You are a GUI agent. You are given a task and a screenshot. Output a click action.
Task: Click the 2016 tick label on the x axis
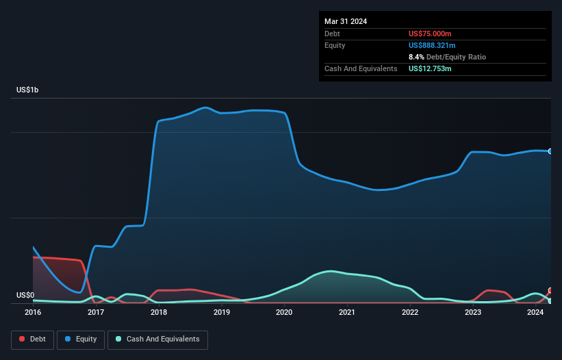click(x=33, y=312)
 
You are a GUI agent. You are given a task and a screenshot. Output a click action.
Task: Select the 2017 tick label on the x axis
click(x=96, y=312)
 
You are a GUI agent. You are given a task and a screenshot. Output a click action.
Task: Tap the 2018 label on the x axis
click(x=159, y=312)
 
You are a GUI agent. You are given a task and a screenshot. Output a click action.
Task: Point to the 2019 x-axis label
click(x=222, y=312)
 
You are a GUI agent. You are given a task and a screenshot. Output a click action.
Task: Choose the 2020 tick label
click(x=284, y=312)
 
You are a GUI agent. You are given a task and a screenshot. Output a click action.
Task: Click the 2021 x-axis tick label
click(x=347, y=312)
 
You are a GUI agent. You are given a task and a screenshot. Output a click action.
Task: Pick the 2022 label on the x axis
click(x=410, y=312)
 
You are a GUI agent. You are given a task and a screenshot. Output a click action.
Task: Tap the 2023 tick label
click(x=473, y=312)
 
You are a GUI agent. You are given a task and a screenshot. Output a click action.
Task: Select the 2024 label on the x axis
click(x=536, y=312)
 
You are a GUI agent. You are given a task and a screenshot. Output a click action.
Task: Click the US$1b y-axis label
click(x=29, y=90)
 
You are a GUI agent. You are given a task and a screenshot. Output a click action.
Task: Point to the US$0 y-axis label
click(x=25, y=296)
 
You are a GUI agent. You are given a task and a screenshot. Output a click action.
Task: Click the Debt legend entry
click(x=32, y=339)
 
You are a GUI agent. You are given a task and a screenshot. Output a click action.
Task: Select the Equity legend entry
click(x=81, y=339)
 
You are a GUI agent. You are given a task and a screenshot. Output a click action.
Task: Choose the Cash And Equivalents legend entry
click(x=157, y=339)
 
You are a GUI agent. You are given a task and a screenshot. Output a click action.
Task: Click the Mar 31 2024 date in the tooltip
click(x=346, y=21)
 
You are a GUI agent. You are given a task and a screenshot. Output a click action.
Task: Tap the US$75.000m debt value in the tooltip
click(x=430, y=34)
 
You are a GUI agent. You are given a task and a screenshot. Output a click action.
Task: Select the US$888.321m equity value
click(x=432, y=45)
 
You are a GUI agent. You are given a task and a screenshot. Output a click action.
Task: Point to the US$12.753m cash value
click(x=430, y=68)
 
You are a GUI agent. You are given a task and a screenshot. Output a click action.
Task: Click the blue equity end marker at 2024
click(x=550, y=151)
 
